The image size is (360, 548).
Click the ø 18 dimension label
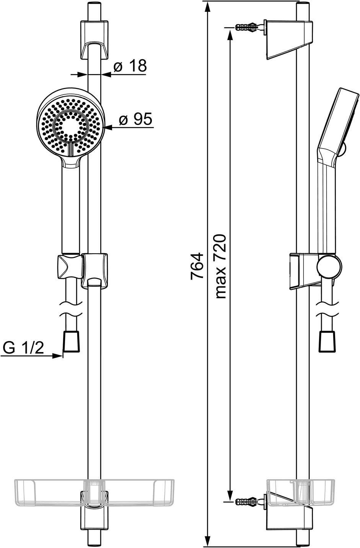click(130, 66)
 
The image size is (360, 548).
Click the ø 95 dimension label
click(135, 119)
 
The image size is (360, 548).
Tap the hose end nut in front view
click(72, 341)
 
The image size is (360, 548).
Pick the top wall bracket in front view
click(94, 40)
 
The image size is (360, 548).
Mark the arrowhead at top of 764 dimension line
click(207, 6)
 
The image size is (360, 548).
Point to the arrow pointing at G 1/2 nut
click(57, 356)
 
